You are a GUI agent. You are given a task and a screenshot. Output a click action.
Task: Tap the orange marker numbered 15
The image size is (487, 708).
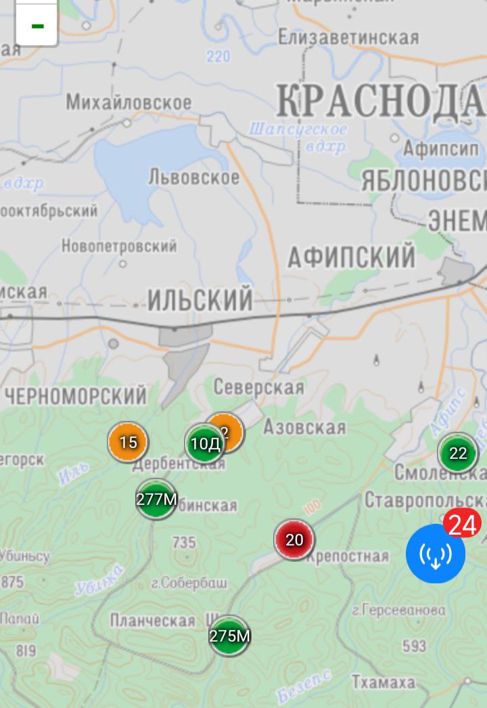(128, 443)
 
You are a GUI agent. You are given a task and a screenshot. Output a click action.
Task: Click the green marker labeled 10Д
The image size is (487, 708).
(204, 444)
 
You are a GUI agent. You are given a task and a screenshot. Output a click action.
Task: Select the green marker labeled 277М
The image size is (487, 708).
(156, 500)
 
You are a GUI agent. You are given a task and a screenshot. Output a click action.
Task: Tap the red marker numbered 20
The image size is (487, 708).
(294, 540)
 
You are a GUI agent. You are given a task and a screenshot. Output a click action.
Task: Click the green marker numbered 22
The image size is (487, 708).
(458, 453)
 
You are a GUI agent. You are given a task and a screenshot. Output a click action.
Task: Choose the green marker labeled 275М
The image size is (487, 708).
(229, 636)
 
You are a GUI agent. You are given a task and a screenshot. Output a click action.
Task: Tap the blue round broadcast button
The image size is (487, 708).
(435, 554)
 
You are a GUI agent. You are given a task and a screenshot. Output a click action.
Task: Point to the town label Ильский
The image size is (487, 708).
(200, 300)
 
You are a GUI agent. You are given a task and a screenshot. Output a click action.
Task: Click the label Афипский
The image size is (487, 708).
(351, 257)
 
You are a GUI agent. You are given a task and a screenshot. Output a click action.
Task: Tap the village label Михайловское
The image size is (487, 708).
(129, 103)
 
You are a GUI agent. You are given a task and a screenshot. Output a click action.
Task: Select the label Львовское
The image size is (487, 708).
(193, 177)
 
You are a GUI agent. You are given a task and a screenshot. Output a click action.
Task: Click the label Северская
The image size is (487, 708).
(258, 387)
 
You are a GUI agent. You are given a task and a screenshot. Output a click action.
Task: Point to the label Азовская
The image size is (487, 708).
(304, 427)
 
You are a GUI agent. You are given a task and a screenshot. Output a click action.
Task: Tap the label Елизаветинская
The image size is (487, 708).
(348, 38)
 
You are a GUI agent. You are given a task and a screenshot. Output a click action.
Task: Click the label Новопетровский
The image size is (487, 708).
(119, 246)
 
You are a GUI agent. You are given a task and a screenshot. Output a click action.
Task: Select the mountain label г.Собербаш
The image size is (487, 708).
(189, 583)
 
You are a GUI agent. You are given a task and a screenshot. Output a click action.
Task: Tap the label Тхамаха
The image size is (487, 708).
(384, 682)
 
